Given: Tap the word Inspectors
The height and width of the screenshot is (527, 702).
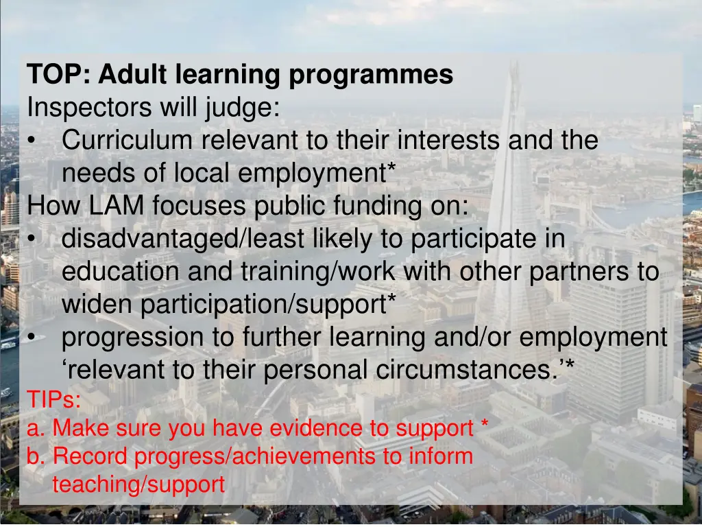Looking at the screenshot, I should [x=90, y=108].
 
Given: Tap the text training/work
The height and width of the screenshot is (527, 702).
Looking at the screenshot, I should [x=318, y=272].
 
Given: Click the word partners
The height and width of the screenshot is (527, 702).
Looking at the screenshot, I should [x=579, y=272].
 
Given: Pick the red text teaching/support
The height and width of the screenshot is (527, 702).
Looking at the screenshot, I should [x=138, y=484].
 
